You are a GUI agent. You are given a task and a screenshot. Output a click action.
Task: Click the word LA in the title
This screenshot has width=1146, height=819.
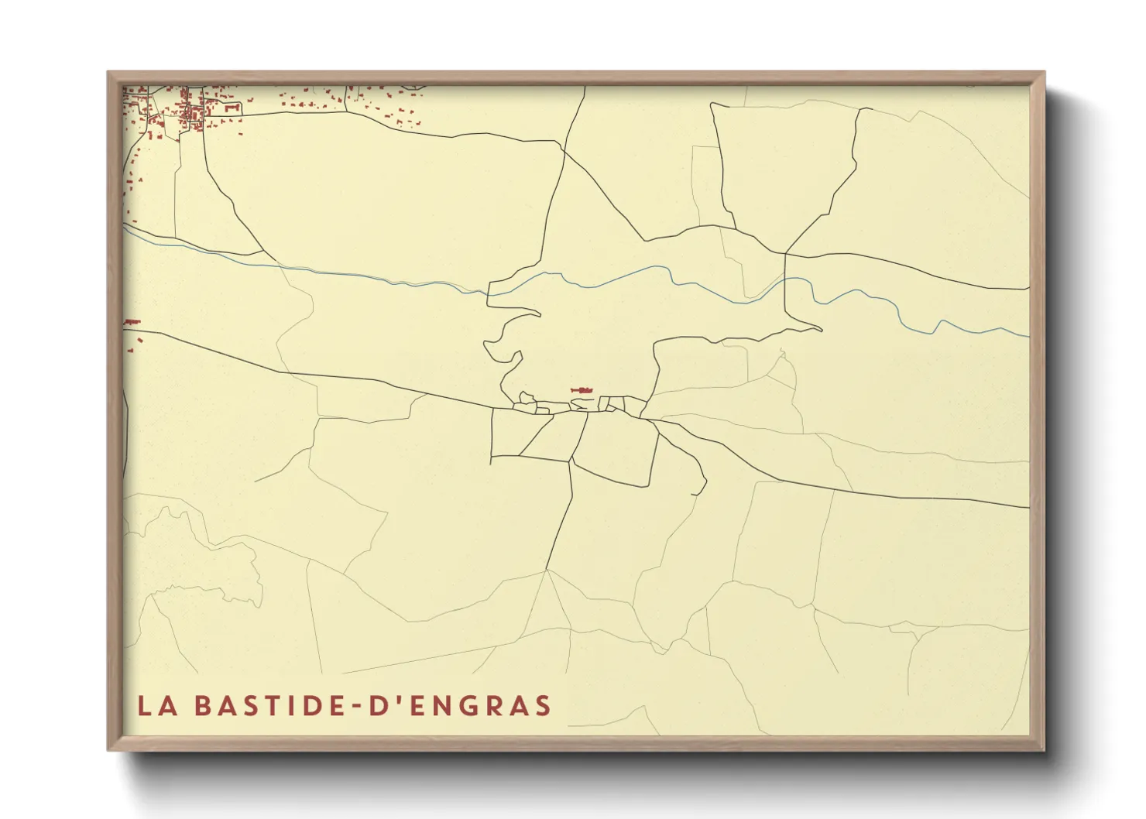click(x=153, y=705)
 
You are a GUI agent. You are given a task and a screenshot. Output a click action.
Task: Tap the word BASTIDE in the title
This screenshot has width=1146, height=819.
click(x=268, y=705)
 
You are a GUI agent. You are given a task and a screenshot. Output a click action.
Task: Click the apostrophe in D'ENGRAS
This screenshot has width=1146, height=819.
click(x=389, y=698)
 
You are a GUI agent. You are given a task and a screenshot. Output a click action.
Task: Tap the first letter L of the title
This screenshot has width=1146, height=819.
click(x=144, y=705)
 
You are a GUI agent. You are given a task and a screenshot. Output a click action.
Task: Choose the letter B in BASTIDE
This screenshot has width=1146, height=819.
click(x=201, y=705)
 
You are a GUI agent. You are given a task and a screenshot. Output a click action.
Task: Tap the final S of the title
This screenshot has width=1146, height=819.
click(x=544, y=705)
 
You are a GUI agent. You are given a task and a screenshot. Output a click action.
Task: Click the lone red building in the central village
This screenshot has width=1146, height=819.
click(x=582, y=389)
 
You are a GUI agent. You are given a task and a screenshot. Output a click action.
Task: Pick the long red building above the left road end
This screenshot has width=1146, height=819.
click(x=132, y=322)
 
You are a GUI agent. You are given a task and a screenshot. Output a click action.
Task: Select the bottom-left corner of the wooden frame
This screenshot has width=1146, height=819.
click(x=109, y=749)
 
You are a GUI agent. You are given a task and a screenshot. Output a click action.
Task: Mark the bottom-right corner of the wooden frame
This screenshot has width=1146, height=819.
click(x=1044, y=749)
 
